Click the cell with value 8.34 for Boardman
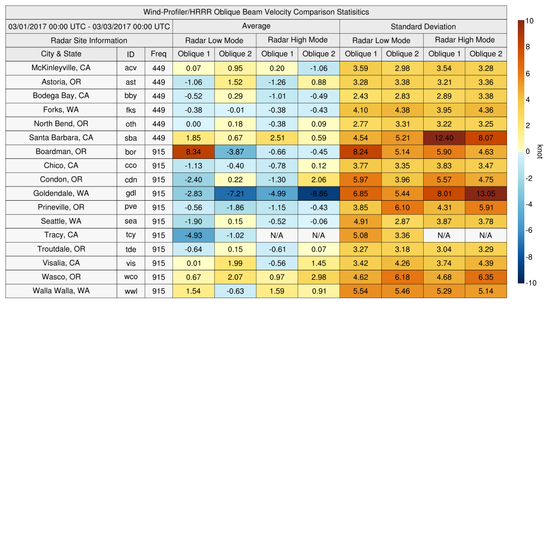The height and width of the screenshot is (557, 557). click(x=193, y=152)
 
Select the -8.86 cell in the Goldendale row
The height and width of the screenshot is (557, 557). click(x=319, y=194)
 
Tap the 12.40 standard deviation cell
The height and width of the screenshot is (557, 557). click(x=444, y=138)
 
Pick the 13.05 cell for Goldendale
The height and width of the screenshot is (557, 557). click(x=486, y=194)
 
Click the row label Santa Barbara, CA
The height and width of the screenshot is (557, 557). click(x=61, y=138)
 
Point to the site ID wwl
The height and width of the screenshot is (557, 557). click(x=131, y=291)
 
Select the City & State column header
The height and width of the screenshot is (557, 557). click(x=61, y=54)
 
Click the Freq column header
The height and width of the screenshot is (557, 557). click(x=158, y=54)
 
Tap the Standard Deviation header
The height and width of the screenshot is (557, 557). click(x=423, y=27)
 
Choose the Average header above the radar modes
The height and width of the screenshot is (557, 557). click(x=256, y=26)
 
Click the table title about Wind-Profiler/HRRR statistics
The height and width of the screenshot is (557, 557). click(x=256, y=12)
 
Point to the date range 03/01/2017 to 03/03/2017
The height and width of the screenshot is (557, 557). click(x=89, y=27)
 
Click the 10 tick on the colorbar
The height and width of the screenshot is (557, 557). click(x=529, y=21)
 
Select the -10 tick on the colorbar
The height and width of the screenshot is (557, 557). click(x=530, y=283)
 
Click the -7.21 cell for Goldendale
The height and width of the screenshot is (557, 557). click(x=235, y=194)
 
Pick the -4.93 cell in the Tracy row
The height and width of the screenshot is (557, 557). click(x=193, y=236)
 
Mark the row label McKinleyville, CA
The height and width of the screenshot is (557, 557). click(x=61, y=68)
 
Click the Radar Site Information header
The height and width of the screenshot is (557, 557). click(x=89, y=40)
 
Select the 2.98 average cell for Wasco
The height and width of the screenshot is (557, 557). click(x=319, y=277)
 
